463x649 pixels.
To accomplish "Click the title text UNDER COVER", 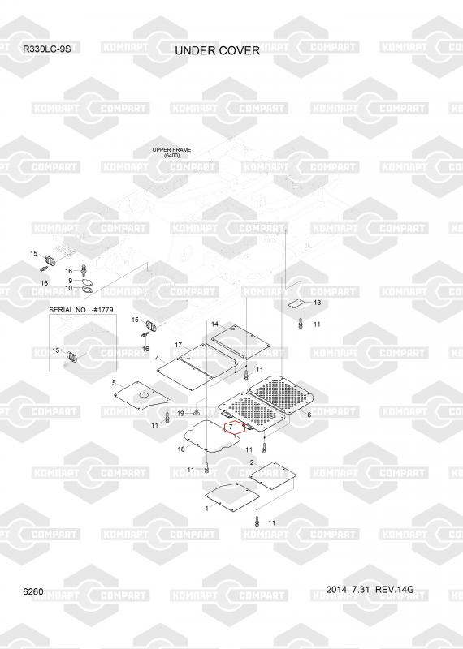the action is [x=217, y=50].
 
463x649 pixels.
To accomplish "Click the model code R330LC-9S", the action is [x=46, y=49].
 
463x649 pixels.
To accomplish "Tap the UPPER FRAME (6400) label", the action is [x=171, y=153].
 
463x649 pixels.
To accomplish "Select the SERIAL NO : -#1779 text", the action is [x=81, y=310].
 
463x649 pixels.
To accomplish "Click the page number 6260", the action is [x=33, y=592].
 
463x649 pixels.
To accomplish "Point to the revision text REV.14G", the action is [x=395, y=590].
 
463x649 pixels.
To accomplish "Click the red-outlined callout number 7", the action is [x=231, y=427].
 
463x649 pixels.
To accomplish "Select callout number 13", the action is [x=317, y=303].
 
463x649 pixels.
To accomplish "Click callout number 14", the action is [x=214, y=324].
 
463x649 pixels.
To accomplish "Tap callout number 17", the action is [x=179, y=345].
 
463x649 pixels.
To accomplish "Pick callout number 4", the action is [x=157, y=358].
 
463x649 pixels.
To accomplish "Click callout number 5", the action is [x=114, y=383].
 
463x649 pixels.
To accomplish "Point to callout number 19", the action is [x=180, y=414].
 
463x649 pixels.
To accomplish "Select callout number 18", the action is [x=181, y=449].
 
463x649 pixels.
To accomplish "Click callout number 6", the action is [x=309, y=415].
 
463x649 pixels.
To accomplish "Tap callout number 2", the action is [x=252, y=462].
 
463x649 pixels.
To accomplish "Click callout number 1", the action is [x=207, y=509].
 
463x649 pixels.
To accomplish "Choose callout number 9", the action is [x=71, y=281].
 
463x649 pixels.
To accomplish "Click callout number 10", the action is [x=69, y=288].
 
